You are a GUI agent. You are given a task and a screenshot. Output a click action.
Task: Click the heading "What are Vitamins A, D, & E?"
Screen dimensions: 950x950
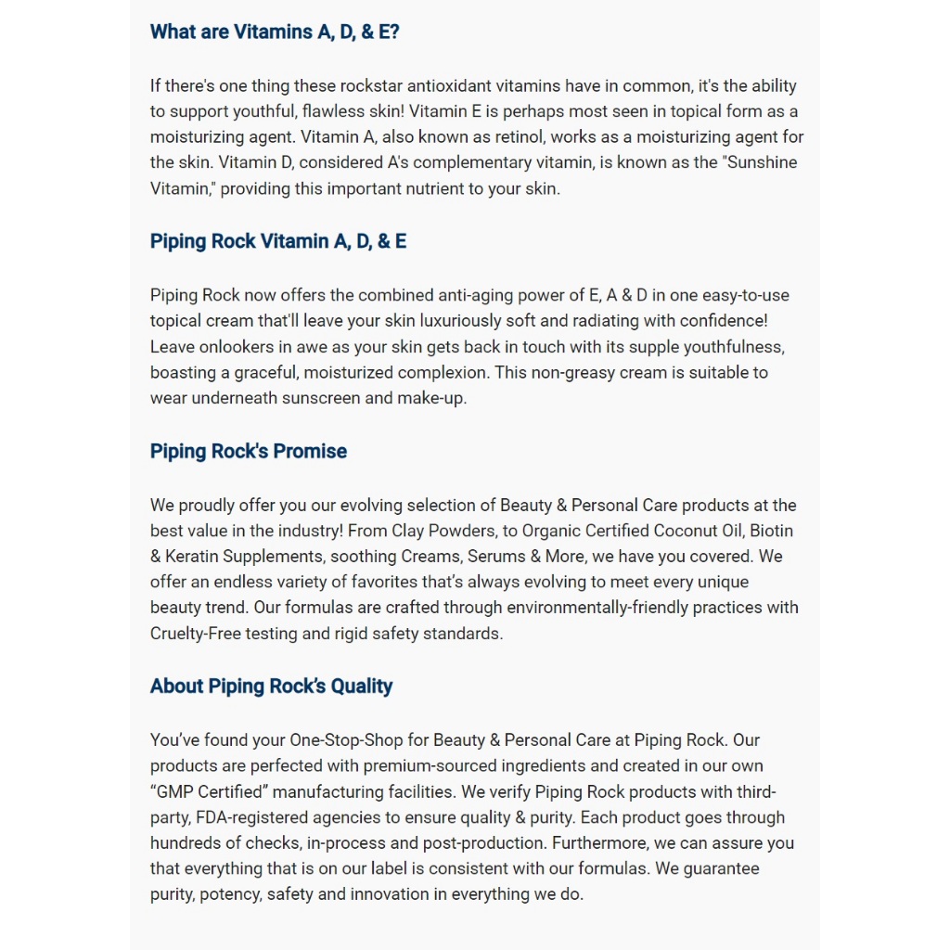pyautogui.click(x=275, y=32)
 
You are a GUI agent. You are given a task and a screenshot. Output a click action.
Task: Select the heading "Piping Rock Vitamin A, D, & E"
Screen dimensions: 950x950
pyautogui.click(x=278, y=241)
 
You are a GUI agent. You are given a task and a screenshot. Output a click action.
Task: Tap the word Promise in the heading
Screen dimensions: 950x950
pyautogui.click(x=310, y=452)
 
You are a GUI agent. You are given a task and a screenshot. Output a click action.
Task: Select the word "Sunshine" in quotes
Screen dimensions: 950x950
pyautogui.click(x=756, y=162)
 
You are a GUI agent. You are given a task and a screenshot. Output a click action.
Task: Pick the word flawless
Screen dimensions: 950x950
pyautogui.click(x=330, y=111)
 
